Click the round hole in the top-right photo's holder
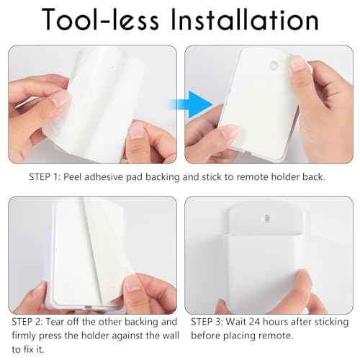pos(272,66)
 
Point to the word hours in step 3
pos(288,321)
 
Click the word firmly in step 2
pos(26,335)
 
